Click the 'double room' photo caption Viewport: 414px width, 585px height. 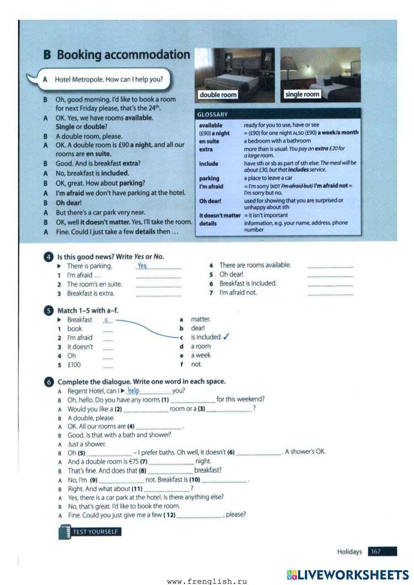218,95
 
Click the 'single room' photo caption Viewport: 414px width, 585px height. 302,94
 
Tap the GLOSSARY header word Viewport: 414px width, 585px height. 212,115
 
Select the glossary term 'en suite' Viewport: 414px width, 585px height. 209,141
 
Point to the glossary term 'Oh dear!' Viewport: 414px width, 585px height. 210,201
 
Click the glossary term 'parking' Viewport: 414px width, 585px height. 209,178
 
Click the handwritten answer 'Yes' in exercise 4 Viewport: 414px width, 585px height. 142,266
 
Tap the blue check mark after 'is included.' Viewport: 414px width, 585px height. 226,337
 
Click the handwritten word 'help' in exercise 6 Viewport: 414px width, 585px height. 133,391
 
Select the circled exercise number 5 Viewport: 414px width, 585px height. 48,310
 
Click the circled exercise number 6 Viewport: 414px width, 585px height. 48,381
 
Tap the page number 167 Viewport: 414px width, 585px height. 376,551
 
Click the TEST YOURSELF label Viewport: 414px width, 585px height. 95,532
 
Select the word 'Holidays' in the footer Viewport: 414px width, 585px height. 349,551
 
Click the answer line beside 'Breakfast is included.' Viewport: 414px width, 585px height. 330,284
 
